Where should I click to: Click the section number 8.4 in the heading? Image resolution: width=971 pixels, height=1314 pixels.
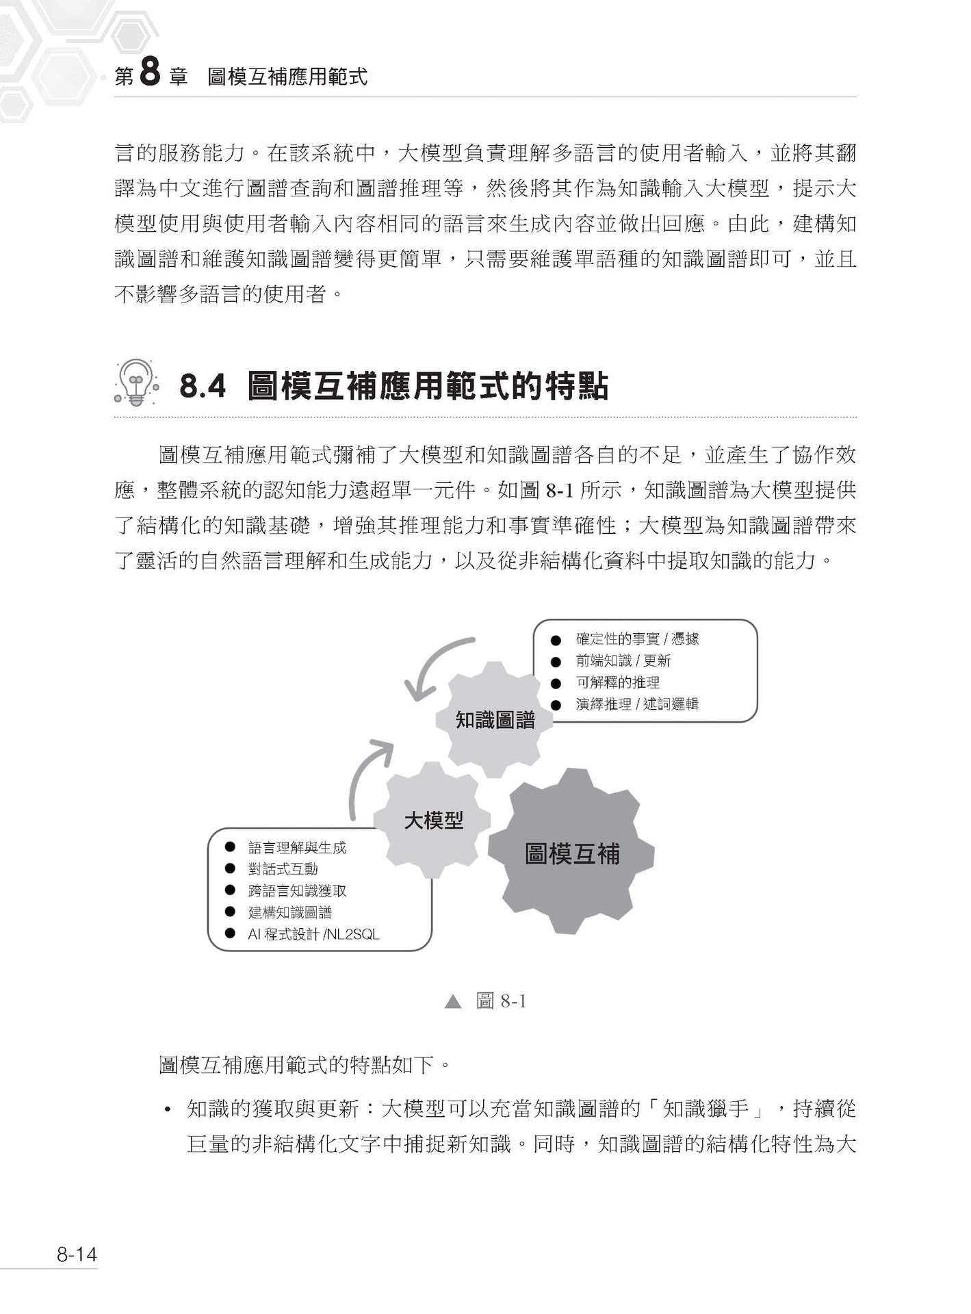[x=202, y=387]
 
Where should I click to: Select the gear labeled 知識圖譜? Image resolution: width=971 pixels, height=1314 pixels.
[x=495, y=719]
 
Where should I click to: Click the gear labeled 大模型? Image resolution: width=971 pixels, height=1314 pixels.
[x=433, y=820]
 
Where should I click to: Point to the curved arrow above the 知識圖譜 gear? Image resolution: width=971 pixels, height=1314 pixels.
[x=438, y=667]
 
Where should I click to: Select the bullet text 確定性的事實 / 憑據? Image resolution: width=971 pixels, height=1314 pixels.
[x=637, y=639]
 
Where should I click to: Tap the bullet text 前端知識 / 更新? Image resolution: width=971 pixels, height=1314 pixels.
[x=623, y=661]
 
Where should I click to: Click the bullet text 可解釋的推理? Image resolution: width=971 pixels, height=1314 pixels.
[x=617, y=682]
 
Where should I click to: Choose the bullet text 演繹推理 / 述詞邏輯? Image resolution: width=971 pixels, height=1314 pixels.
[x=637, y=704]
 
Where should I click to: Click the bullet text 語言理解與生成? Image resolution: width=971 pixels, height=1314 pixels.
[x=297, y=848]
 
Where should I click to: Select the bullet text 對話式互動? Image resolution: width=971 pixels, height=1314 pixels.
[x=283, y=869]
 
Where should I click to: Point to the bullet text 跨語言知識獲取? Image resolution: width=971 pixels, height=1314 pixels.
[x=297, y=891]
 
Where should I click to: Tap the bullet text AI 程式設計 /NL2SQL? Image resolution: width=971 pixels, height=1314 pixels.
[x=313, y=934]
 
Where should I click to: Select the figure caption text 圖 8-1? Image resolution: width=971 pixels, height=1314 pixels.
[x=501, y=1002]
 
